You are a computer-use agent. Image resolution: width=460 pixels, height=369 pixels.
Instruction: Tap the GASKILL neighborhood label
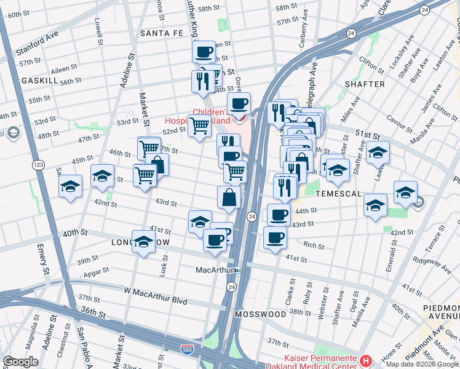tap(40, 81)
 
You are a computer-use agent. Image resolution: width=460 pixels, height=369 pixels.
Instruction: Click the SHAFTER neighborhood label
tap(365, 84)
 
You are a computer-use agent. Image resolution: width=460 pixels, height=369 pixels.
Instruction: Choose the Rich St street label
tap(313, 245)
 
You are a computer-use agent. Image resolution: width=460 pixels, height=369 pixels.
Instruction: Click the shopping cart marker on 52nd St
tap(199, 127)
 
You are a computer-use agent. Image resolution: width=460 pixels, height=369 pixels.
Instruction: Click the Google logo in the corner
tap(20, 362)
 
